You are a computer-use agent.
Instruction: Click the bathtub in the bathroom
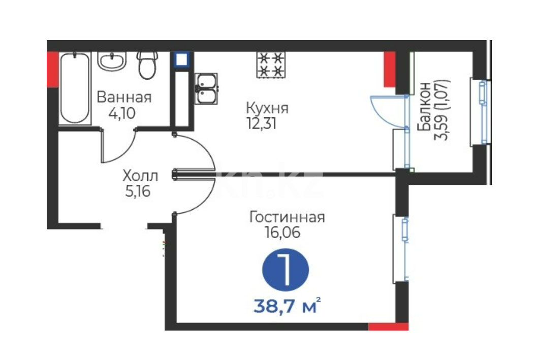75,88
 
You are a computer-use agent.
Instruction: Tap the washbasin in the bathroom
112,61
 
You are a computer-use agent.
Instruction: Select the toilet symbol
147,65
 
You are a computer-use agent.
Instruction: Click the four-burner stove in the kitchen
271,64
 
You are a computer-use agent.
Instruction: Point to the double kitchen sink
206,88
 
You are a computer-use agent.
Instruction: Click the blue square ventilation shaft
181,59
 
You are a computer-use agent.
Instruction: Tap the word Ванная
124,97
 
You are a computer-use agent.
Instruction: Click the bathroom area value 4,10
122,113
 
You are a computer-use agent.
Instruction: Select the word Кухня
267,109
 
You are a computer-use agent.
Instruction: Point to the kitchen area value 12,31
262,123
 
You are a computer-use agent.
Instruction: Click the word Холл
140,176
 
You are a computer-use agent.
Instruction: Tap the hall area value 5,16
138,191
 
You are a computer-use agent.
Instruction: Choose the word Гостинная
287,217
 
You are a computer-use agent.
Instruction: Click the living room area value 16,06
282,233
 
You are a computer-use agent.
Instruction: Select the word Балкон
424,107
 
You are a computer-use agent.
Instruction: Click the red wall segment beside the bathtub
52,69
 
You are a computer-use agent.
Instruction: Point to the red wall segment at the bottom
389,326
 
